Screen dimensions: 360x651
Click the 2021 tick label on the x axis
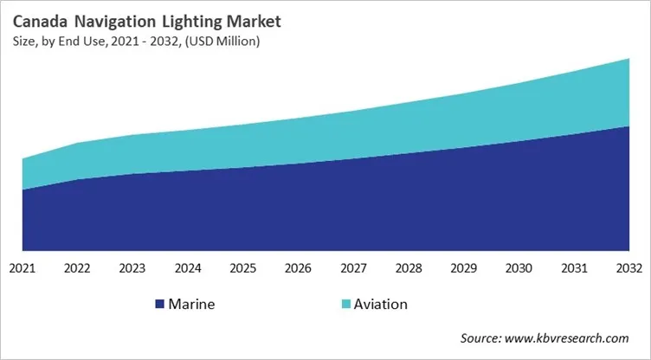23,268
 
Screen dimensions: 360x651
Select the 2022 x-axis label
78,268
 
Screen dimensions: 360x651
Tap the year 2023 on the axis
132,268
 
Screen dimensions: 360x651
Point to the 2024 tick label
188,268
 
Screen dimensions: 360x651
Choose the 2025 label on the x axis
243,268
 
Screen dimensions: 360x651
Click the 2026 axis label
298,268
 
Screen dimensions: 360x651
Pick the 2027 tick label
353,268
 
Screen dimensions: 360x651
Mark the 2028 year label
409,268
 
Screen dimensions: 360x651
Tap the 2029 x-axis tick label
463,268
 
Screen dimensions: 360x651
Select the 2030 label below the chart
519,268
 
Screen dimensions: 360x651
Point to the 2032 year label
628,268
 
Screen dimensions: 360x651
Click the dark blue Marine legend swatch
159,305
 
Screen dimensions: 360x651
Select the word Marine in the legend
192,305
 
